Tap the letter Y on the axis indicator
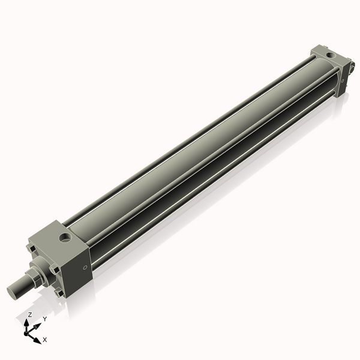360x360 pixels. [45, 319]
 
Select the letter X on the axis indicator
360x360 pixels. [45, 340]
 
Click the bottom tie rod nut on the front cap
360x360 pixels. [59, 293]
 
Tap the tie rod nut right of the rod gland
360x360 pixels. [55, 269]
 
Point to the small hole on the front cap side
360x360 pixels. [85, 266]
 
